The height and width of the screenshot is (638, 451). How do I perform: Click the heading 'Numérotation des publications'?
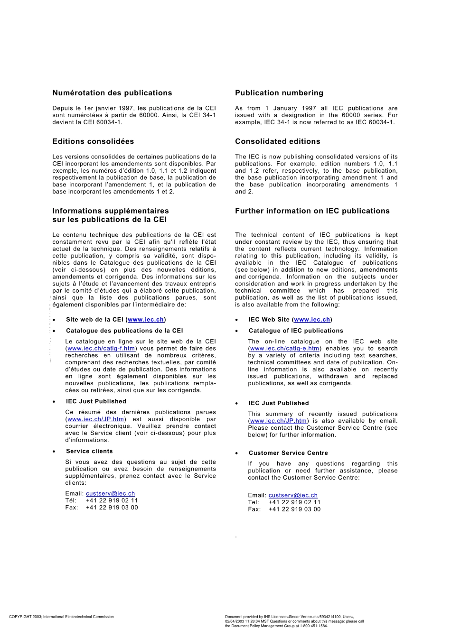(112, 93)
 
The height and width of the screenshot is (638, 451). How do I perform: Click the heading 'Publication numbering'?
(279, 93)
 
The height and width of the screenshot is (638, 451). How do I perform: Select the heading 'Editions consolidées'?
(93, 141)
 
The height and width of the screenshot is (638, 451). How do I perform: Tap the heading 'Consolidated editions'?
(277, 141)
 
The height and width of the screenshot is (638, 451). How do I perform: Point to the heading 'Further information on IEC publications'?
(312, 211)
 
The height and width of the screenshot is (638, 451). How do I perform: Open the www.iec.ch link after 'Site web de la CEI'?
(146, 320)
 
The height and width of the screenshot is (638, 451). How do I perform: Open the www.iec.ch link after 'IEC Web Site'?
(312, 320)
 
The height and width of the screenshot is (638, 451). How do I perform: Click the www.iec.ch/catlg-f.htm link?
(101, 349)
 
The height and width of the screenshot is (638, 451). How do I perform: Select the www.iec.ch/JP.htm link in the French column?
(95, 419)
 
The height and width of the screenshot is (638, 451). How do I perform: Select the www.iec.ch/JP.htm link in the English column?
(278, 421)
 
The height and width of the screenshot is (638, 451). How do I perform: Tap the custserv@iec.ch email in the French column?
(110, 494)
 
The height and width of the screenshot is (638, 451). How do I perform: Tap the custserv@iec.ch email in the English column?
(293, 495)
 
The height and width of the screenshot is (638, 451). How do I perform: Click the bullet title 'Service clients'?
(89, 452)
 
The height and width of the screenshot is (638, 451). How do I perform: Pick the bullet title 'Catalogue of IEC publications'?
(296, 331)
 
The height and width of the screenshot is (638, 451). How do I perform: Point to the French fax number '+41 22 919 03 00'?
(112, 508)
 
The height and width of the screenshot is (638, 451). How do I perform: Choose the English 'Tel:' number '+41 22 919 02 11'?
(294, 502)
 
